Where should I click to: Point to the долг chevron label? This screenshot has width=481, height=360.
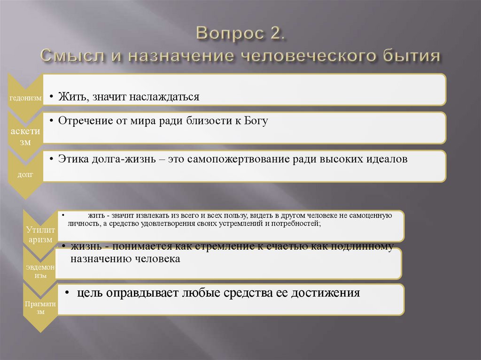coord(25,175)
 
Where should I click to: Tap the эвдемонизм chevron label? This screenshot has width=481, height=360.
coord(40,271)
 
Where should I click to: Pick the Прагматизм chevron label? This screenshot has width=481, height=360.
coord(40,307)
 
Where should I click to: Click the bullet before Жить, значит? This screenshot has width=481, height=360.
coord(53,97)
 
